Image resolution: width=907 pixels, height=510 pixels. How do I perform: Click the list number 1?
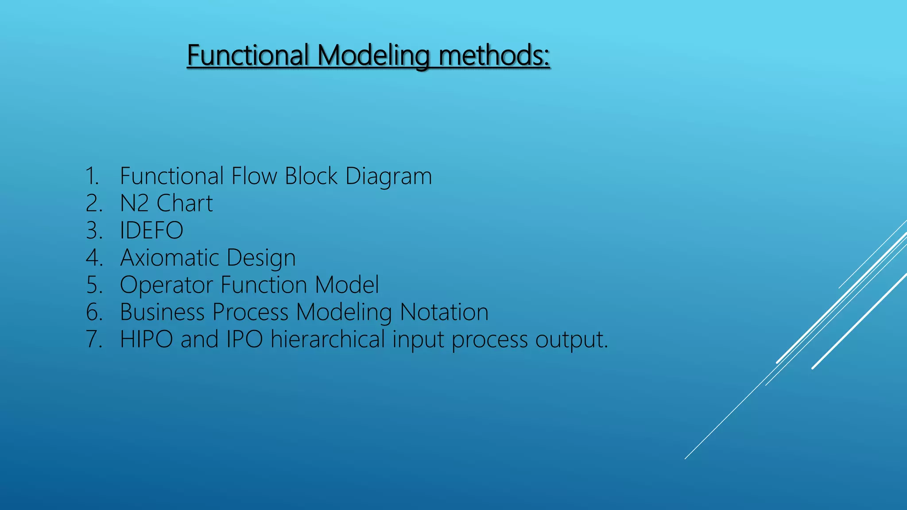pos(92,176)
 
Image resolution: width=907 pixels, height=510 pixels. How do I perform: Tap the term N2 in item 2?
pos(134,204)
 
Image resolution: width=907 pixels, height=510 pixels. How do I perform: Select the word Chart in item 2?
pos(185,204)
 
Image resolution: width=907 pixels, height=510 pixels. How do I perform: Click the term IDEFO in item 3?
pos(151,231)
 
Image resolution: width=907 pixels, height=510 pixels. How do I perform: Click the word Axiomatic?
pos(170,258)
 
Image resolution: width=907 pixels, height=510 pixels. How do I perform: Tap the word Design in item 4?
pos(261,259)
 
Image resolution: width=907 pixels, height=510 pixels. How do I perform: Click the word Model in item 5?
pos(347,285)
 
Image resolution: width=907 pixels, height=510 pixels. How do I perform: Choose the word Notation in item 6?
pos(444,312)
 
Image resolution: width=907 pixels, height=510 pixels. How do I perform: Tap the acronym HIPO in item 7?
pos(146,340)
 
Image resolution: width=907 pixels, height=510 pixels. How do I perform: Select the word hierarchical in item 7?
pos(328,340)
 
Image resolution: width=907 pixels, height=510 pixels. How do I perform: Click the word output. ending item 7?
pos(572,340)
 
